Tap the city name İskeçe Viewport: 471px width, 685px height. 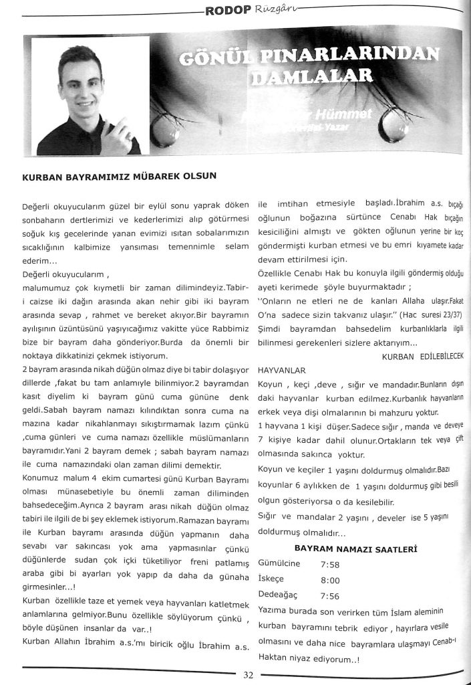pyautogui.click(x=272, y=580)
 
